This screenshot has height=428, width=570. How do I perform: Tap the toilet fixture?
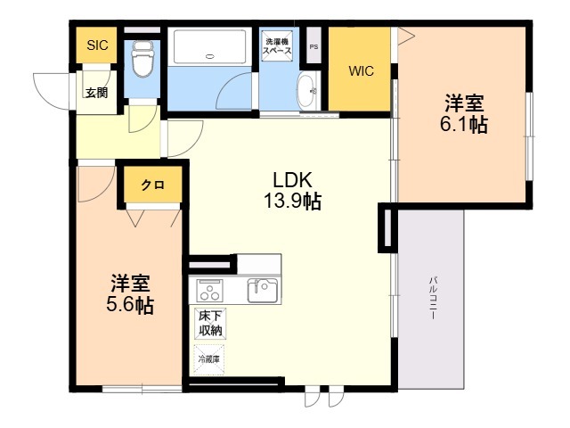pyautogui.click(x=140, y=58)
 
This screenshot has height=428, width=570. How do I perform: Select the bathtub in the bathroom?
pyautogui.click(x=210, y=45)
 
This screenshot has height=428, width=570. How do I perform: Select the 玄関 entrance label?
pyautogui.click(x=95, y=91)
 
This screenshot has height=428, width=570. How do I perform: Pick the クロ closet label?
pyautogui.click(x=151, y=185)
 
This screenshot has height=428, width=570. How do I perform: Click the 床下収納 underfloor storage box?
pyautogui.click(x=210, y=324)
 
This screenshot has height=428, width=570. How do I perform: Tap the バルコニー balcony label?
pyautogui.click(x=432, y=303)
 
